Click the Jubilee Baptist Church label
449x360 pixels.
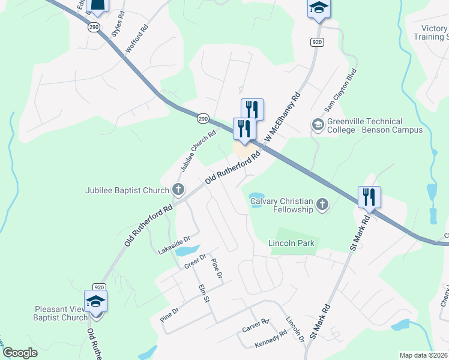tap(127, 191)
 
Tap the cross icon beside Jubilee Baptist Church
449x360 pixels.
tap(178, 190)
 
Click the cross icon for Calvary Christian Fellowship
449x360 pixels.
tap(322, 205)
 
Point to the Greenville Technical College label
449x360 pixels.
tap(375, 126)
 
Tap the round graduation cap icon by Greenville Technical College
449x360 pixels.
tap(317, 125)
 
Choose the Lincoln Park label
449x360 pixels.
tap(291, 243)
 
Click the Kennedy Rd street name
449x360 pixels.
tap(271, 340)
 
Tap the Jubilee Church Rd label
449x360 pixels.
tap(195, 151)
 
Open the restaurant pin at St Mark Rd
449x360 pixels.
tap(369, 197)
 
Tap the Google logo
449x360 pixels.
tap(20, 353)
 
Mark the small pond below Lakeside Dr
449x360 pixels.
tap(187, 250)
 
